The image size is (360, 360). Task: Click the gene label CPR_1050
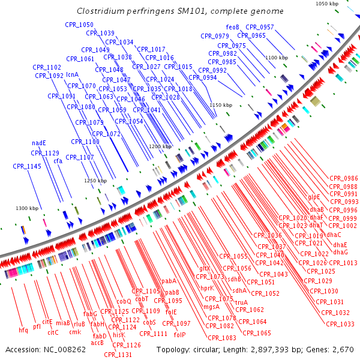[x=79, y=25]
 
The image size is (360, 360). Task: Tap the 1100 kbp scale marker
[x=277, y=58]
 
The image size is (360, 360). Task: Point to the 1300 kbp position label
[x=27, y=208]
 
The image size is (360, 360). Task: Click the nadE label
[x=39, y=143]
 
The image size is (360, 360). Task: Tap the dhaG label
[x=340, y=252]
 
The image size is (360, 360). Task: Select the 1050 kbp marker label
[x=327, y=4]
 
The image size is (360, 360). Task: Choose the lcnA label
[x=73, y=75]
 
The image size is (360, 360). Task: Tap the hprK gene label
[x=207, y=287]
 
